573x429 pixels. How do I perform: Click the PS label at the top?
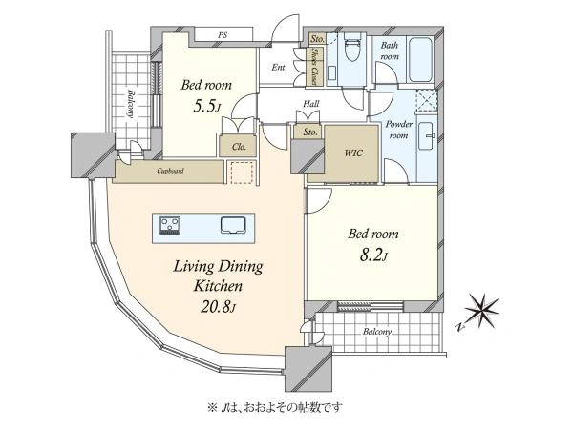tap(223, 35)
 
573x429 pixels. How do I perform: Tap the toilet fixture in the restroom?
tap(352, 47)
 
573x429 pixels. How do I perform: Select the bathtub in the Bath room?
tap(420, 60)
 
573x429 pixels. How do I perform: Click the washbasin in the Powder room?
tap(426, 136)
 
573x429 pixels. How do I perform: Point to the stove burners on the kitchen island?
tap(170, 225)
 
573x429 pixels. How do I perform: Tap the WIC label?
tap(353, 153)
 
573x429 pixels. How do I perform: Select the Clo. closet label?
tap(239, 147)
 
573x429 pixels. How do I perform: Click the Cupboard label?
tap(170, 171)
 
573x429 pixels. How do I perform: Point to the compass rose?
tap(482, 311)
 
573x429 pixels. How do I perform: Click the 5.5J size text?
tap(207, 106)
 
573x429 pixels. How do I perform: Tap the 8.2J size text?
tap(373, 255)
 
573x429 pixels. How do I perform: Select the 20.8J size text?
tap(217, 306)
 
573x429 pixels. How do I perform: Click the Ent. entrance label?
tap(279, 67)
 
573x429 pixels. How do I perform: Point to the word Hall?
tap(311, 104)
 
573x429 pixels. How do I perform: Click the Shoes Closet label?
tap(314, 67)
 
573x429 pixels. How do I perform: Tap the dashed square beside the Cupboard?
tap(243, 173)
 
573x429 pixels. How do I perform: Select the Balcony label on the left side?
tap(129, 103)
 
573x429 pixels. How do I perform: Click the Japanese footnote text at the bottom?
tap(276, 407)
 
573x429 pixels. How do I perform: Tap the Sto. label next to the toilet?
tap(317, 39)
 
